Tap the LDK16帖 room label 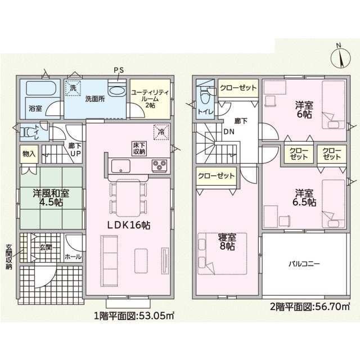pos(129,225)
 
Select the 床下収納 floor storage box pos(139,148)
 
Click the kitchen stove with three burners pos(160,165)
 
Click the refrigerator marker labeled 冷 pos(161,132)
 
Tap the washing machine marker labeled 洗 pos(73,88)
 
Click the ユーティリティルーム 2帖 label pos(150,99)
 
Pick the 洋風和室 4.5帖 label pos(51,197)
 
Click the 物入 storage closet pos(29,154)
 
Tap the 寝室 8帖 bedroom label pos(227,241)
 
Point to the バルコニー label pos(304,264)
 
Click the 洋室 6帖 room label pos(304,110)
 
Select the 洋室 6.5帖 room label pos(304,197)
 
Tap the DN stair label pos(229,132)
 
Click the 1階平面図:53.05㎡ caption pos(134,316)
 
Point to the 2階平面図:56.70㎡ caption pos(310,307)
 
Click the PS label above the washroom pos(119,70)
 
